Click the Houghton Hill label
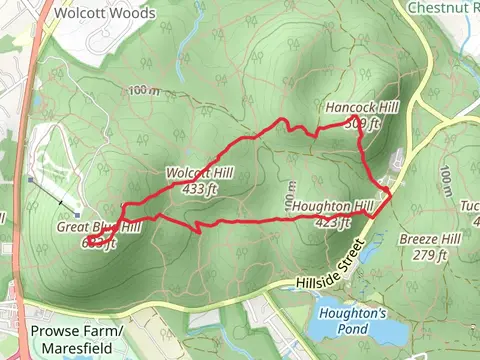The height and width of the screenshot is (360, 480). [x=332, y=207]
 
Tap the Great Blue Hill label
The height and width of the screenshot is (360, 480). [x=98, y=227]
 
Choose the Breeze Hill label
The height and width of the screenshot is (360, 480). [x=429, y=240]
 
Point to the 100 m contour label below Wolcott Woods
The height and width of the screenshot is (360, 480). [x=143, y=92]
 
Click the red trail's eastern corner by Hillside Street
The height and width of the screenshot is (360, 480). [x=388, y=193]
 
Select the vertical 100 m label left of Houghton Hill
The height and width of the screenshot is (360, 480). [x=293, y=190]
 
